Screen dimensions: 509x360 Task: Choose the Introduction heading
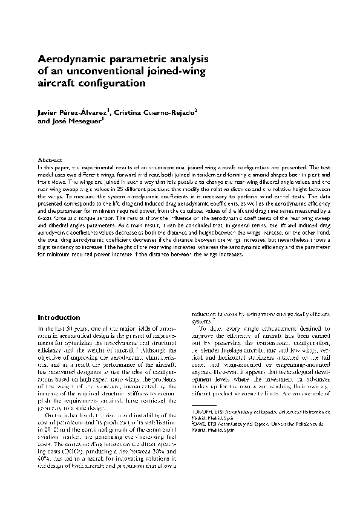[x=59, y=317]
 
